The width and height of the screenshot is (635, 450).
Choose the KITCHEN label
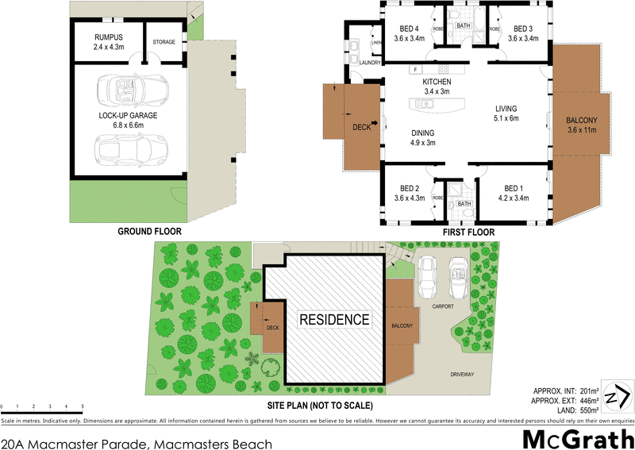pyautogui.click(x=437, y=83)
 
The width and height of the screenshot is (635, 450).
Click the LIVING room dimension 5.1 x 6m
pyautogui.click(x=506, y=118)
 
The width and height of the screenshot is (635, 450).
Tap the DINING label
pyautogui.click(x=423, y=133)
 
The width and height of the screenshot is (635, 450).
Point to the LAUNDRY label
pyautogui.click(x=370, y=62)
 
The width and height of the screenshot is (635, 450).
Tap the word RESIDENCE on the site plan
pyautogui.click(x=334, y=320)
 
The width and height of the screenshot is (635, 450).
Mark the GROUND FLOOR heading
pyautogui.click(x=149, y=232)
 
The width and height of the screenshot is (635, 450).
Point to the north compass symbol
pyautogui.click(x=618, y=395)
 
